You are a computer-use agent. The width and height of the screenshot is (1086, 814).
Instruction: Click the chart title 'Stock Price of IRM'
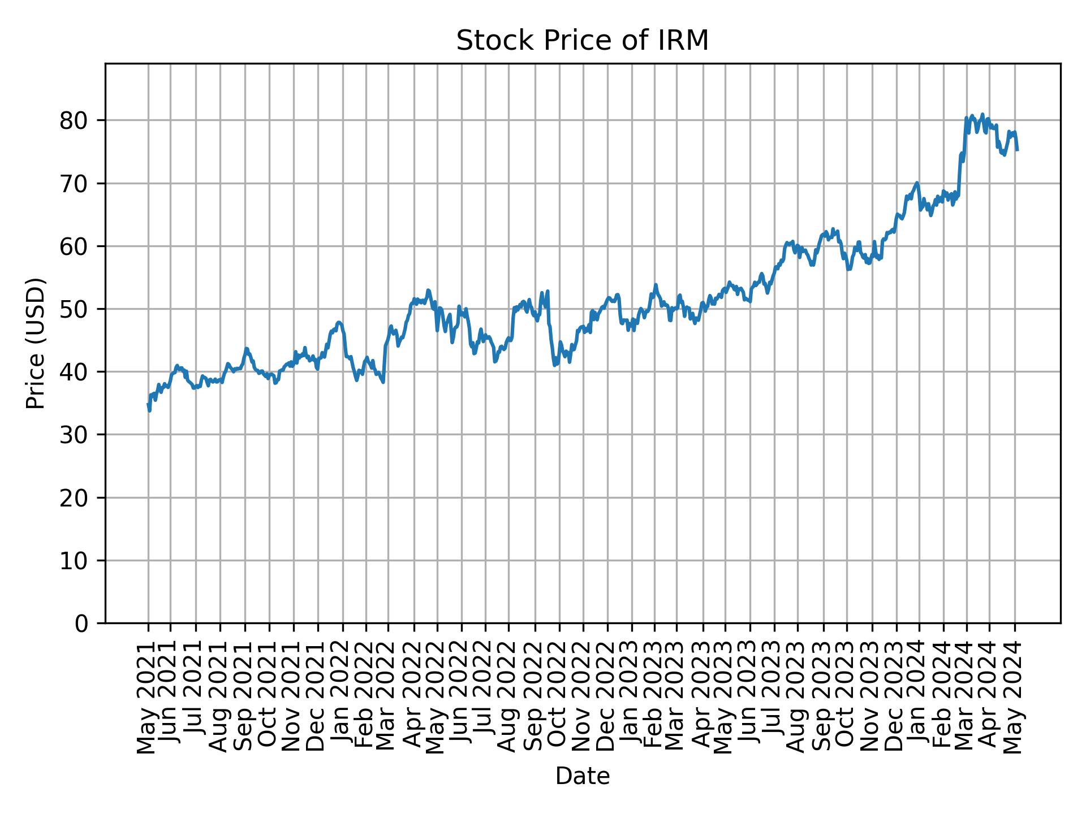pos(582,41)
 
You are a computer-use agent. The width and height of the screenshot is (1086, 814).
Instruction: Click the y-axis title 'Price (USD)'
pos(36,343)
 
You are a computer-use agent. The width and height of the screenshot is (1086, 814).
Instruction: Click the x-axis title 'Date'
pos(582,777)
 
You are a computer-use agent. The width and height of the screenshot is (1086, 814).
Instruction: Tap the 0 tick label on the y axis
pos(83,624)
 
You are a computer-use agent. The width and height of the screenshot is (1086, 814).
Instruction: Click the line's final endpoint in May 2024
pos(1017,150)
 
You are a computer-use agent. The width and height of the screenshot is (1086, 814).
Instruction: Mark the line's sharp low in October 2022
pos(555,365)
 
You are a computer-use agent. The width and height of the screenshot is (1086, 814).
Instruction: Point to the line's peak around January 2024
pos(917,183)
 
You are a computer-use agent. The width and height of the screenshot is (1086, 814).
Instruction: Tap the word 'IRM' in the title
pos(686,41)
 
